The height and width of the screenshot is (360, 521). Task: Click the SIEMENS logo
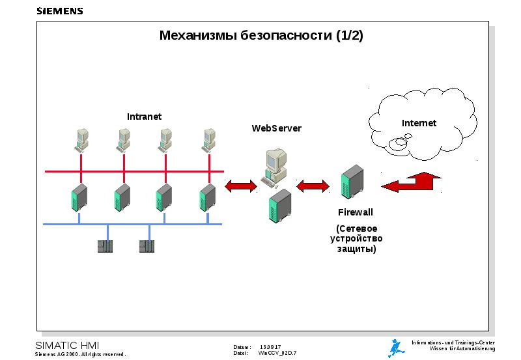59,10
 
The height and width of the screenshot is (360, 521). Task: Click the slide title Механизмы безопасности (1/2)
261,36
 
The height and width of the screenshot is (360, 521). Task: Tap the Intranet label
144,117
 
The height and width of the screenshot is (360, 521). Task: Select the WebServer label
277,128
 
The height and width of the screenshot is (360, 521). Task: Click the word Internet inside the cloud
419,123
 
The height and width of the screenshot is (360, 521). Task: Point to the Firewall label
356,212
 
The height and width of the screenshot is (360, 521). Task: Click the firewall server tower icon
352,183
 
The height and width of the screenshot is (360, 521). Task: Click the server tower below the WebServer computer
281,205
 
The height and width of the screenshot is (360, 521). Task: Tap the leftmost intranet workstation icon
81,139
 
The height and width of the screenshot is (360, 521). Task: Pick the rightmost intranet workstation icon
208,139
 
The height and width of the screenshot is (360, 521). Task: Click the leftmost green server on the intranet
79,197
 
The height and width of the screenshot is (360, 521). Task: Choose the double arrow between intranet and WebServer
241,187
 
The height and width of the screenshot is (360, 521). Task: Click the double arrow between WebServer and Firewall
313,186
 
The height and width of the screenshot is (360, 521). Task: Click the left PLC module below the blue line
105,246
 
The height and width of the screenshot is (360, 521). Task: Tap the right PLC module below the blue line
147,246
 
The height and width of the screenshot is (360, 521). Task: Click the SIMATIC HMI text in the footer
67,345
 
